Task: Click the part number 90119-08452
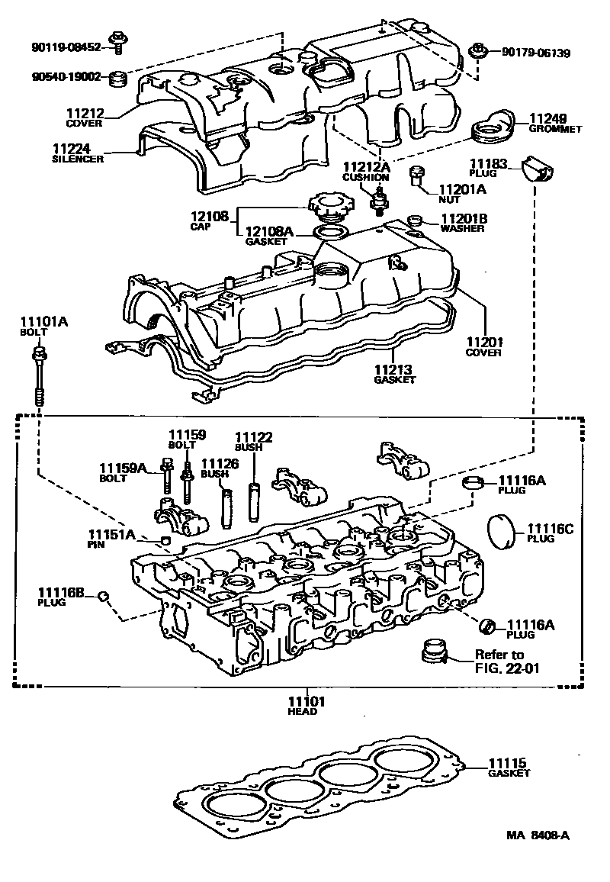[67, 46]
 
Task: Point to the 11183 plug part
[538, 173]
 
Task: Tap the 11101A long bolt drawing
[37, 374]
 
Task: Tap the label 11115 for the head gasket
[509, 762]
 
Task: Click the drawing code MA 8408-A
[538, 835]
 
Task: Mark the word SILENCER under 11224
[76, 159]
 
